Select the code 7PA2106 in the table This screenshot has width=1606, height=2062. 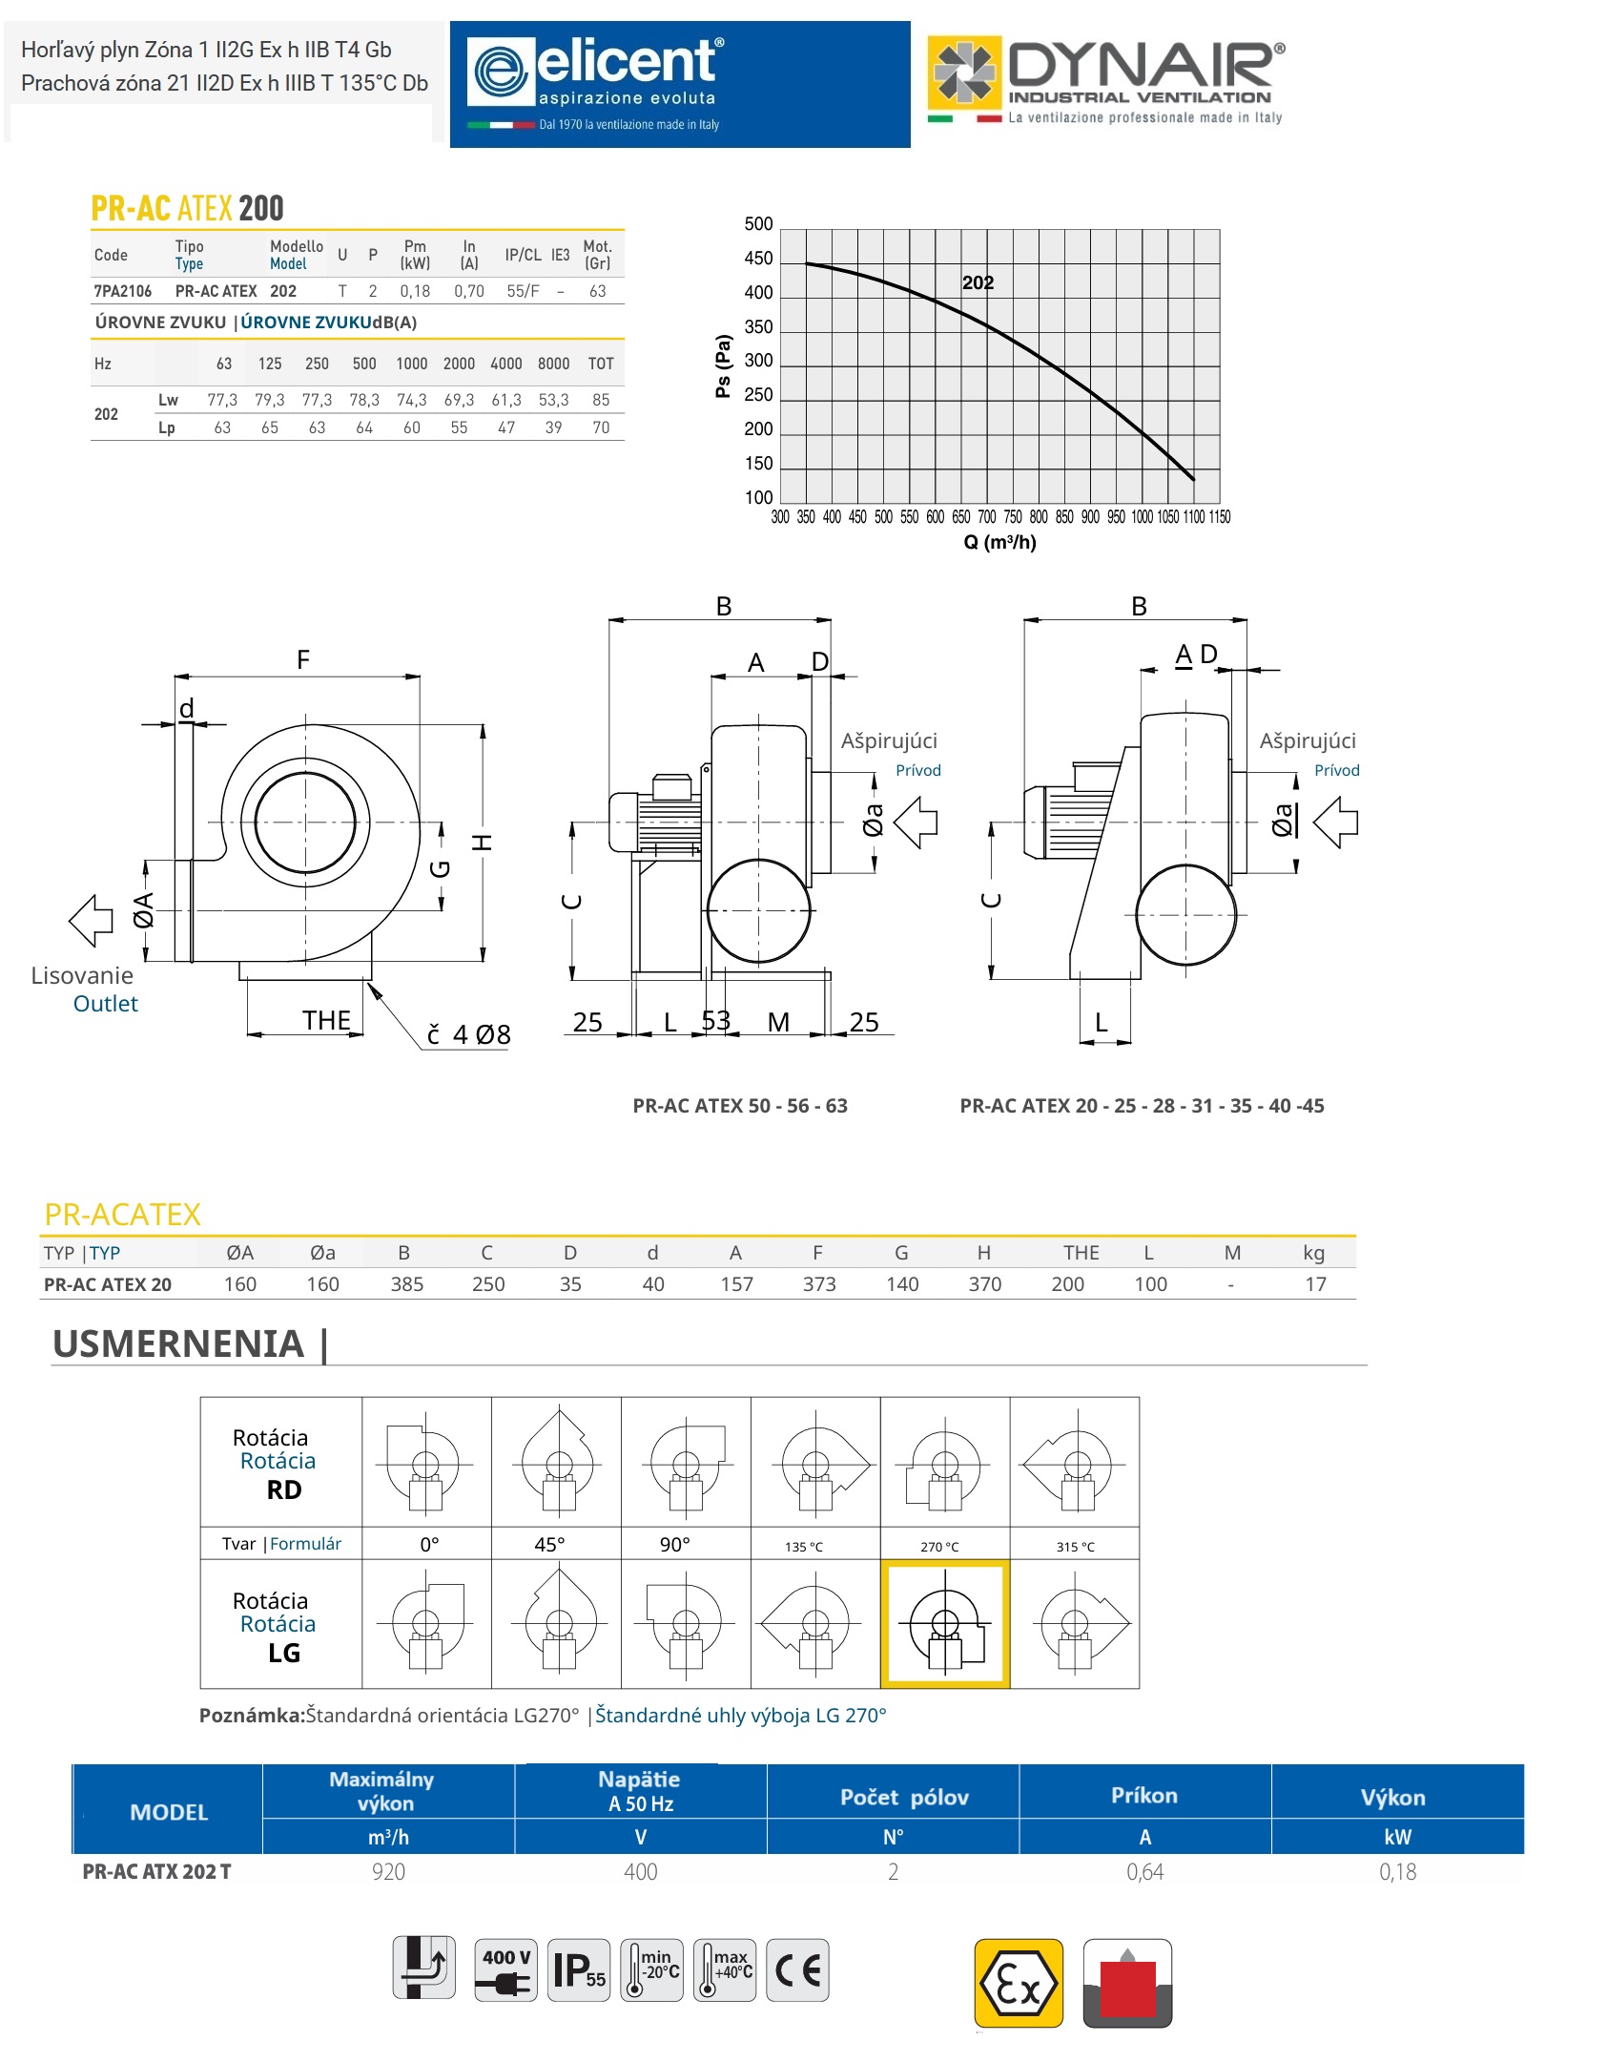[x=123, y=291]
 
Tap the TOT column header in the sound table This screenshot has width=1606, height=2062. [x=601, y=364]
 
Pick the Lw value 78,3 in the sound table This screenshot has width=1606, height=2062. [x=364, y=400]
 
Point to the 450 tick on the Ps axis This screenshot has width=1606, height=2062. [x=758, y=259]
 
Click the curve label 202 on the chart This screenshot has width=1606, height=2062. [x=978, y=282]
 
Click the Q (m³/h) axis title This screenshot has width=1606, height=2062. [x=999, y=542]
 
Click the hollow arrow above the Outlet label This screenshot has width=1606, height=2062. [x=92, y=921]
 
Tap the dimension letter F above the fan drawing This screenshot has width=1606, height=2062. [x=303, y=659]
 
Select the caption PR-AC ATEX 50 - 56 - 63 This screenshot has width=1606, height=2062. [x=740, y=1106]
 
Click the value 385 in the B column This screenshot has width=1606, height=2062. [x=406, y=1284]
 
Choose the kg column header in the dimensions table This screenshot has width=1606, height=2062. [x=1314, y=1253]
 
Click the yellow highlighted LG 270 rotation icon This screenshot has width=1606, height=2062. [x=945, y=1625]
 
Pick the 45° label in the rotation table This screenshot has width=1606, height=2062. [x=549, y=1545]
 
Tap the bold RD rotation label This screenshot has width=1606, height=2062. [x=284, y=1490]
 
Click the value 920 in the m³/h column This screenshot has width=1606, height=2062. [x=388, y=1872]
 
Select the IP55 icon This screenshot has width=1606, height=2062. [x=579, y=1969]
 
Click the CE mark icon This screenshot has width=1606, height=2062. [x=797, y=1969]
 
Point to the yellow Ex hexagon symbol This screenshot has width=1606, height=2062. [x=1019, y=1983]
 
